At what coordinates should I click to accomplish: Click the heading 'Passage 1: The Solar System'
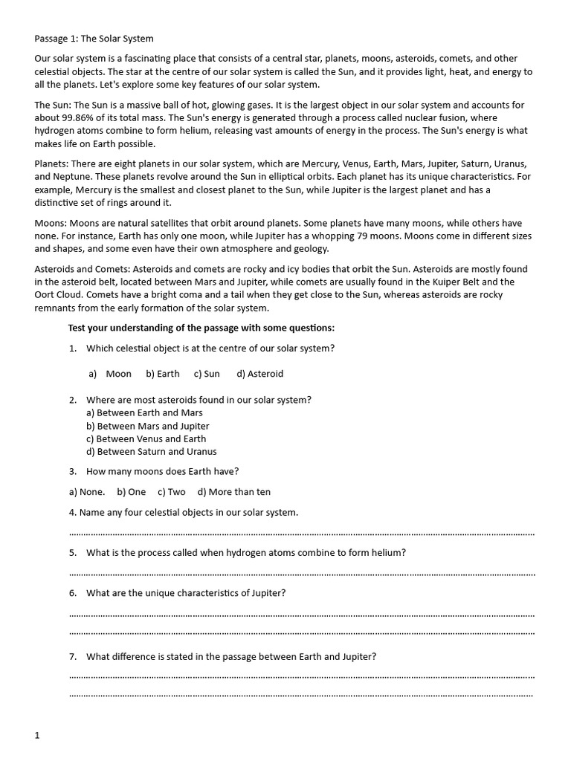[94, 38]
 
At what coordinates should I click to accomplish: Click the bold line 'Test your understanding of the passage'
[201, 328]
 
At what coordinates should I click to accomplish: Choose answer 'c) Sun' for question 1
[207, 374]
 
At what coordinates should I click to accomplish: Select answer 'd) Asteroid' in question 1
[259, 374]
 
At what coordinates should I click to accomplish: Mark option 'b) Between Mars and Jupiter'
[147, 426]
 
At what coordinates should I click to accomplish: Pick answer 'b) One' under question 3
[131, 491]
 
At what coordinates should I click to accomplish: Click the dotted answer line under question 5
[302, 574]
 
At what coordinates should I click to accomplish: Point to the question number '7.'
[73, 656]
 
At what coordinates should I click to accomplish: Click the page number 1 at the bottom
[37, 735]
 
